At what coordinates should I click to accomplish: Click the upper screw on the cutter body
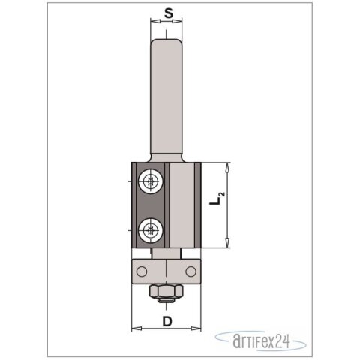pos(152,181)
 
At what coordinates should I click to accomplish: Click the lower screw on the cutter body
pos(152,229)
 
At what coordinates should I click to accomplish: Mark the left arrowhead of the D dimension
pos(135,328)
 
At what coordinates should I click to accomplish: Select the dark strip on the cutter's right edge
pos(196,205)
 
